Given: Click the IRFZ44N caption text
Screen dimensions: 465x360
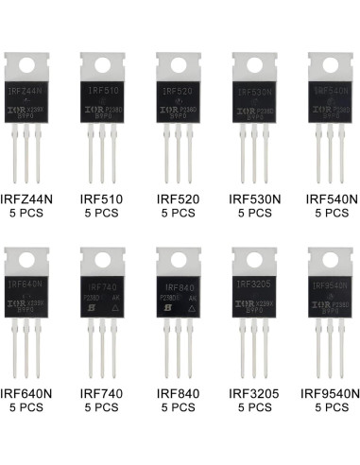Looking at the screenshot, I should tap(31, 200).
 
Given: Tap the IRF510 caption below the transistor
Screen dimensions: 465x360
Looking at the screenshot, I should tap(103, 200).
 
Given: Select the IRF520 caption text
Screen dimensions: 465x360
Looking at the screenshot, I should tap(179, 200).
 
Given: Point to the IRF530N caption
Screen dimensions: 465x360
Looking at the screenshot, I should tap(254, 200).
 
